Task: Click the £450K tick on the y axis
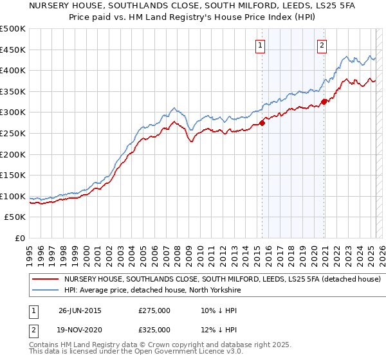[13, 50]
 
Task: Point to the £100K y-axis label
[13, 196]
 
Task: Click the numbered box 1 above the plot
[260, 45]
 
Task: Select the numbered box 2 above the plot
[322, 45]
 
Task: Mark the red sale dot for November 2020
[324, 102]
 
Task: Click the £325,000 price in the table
[154, 329]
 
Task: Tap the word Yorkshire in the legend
[223, 291]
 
